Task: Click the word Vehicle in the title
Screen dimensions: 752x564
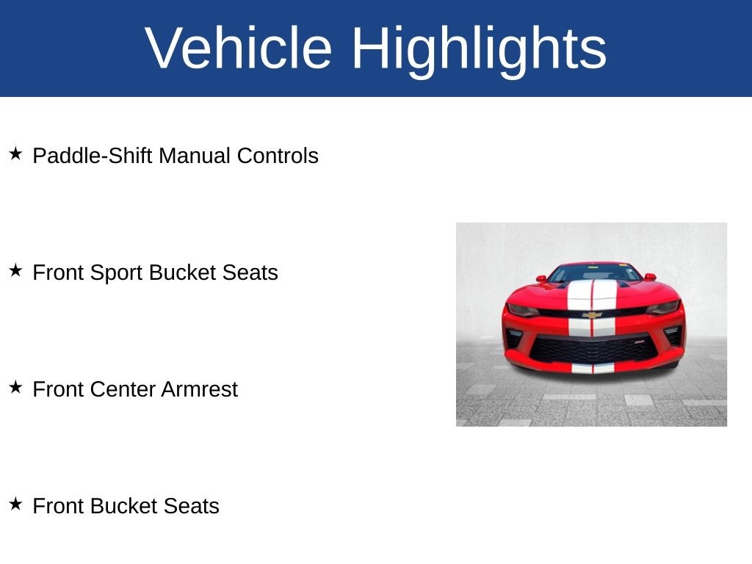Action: point(239,48)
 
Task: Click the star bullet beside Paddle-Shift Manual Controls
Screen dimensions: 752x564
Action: point(16,154)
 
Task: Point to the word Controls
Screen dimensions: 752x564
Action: point(278,156)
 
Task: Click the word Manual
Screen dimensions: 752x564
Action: point(194,156)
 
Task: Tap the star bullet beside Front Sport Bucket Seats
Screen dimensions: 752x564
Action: point(16,270)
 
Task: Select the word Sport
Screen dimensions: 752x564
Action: point(117,273)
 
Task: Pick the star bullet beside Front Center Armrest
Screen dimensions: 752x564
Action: point(16,387)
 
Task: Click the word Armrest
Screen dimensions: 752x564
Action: point(200,389)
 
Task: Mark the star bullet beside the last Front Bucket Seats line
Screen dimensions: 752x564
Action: point(16,504)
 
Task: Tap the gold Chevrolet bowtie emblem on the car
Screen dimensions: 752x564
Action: point(592,315)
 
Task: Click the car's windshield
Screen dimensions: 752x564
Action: point(594,273)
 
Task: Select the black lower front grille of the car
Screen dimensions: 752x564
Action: point(593,349)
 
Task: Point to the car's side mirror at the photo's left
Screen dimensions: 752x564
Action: point(541,278)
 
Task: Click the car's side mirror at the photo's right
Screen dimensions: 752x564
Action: point(651,277)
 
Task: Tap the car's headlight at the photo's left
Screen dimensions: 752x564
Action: point(523,310)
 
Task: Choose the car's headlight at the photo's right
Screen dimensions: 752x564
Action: point(664,307)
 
